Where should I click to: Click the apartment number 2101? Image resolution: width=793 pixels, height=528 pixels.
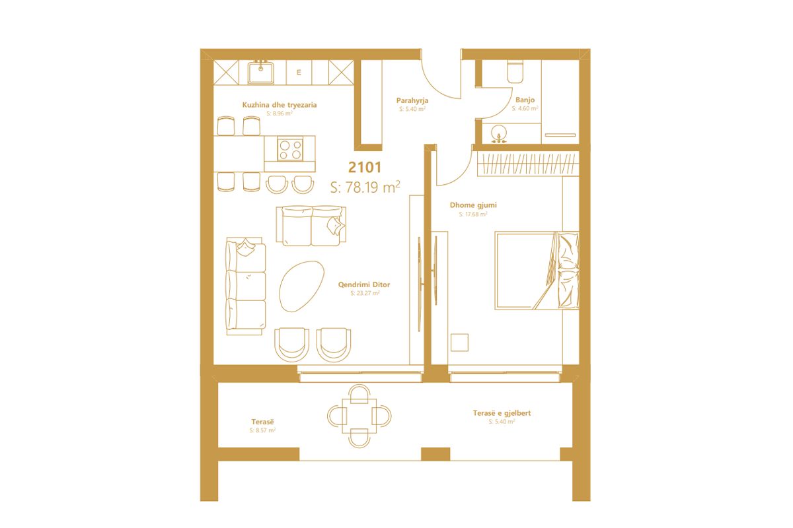click(x=365, y=168)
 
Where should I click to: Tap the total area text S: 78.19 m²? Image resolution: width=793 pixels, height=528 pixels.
click(x=365, y=187)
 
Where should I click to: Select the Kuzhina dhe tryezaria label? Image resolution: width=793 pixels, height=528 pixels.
click(x=280, y=104)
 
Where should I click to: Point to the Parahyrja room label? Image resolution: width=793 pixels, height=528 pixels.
click(x=412, y=100)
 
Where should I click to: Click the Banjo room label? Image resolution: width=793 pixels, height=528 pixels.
click(x=525, y=100)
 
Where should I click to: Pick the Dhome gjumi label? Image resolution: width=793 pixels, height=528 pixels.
click(x=473, y=205)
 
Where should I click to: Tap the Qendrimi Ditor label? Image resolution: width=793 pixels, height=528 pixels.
click(x=364, y=284)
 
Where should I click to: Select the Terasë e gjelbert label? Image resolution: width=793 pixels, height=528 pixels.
click(x=502, y=413)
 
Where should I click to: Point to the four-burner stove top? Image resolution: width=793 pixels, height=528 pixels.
click(x=289, y=150)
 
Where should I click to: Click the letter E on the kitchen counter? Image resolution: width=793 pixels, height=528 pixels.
click(x=299, y=73)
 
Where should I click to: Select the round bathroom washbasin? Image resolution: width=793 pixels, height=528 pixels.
click(x=500, y=134)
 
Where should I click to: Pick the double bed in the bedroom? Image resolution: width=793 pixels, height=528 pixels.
click(x=537, y=270)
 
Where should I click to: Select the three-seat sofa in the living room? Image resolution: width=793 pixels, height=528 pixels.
click(x=245, y=288)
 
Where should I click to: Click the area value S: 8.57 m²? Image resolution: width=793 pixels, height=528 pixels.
click(x=262, y=430)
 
